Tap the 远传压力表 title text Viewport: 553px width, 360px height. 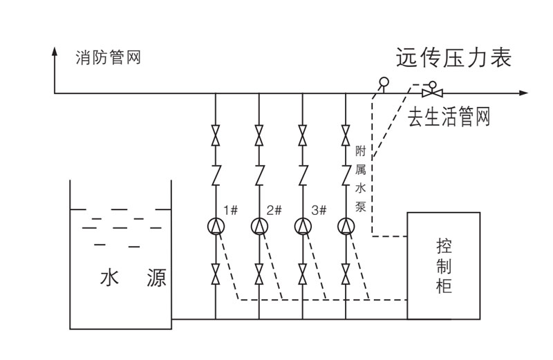pos(453,57)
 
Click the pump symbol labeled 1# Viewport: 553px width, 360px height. pos(216,226)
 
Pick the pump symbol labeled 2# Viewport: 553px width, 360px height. pos(259,226)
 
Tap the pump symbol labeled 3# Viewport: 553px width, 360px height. pos(302,226)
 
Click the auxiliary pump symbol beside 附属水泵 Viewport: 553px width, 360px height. pos(346,226)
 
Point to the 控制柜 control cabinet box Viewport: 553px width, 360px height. pos(443,265)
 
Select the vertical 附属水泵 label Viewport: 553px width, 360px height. pos(360,178)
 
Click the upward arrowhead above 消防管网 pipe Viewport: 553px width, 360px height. pos(55,52)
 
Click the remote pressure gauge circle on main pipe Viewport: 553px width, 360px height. pos(384,82)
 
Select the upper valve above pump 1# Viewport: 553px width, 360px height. pos(216,135)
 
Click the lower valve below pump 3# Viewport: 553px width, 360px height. pos(302,275)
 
